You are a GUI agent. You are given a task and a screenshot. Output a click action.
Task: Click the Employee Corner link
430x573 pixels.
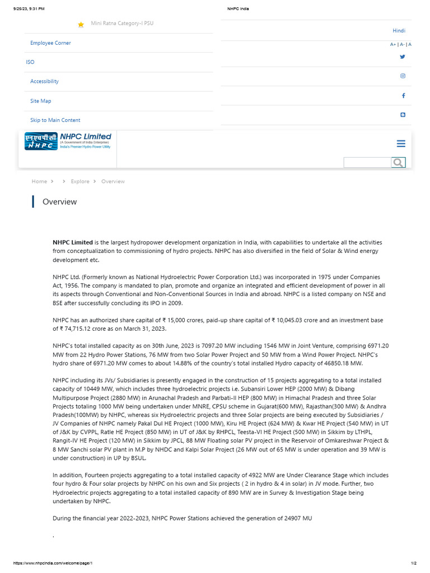[x=50, y=43]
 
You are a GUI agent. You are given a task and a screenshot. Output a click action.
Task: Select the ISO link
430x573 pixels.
[x=30, y=62]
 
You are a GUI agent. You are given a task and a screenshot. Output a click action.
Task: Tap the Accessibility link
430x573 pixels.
[x=44, y=82]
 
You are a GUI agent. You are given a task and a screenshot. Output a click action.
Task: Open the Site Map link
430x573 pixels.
[x=40, y=101]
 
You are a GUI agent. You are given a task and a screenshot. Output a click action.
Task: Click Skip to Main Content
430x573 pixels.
[x=55, y=120]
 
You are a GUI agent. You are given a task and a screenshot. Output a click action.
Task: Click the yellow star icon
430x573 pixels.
[x=81, y=25]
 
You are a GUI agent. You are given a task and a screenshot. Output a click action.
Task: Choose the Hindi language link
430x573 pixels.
[x=399, y=31]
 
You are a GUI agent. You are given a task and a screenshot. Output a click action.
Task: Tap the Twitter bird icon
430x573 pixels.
[x=403, y=57]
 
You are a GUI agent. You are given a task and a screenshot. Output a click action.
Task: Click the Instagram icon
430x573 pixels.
[x=403, y=76]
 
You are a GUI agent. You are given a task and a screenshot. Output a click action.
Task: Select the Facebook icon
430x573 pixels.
[x=403, y=96]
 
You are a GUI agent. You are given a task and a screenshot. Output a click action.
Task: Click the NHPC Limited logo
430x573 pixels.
[x=68, y=141]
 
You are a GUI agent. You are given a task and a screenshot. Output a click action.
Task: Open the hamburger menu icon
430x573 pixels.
[x=401, y=144]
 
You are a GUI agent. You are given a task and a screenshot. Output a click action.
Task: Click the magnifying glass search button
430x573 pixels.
[x=398, y=163]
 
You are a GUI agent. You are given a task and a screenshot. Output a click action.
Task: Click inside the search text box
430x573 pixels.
[x=367, y=163]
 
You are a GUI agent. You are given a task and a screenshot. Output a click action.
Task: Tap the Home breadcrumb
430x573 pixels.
[x=39, y=181]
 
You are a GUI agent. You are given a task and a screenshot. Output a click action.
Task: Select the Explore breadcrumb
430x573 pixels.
[x=80, y=181]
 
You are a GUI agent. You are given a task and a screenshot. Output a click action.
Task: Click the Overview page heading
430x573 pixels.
[x=59, y=202]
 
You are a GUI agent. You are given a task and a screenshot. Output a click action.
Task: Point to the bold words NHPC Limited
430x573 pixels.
[x=73, y=242]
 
